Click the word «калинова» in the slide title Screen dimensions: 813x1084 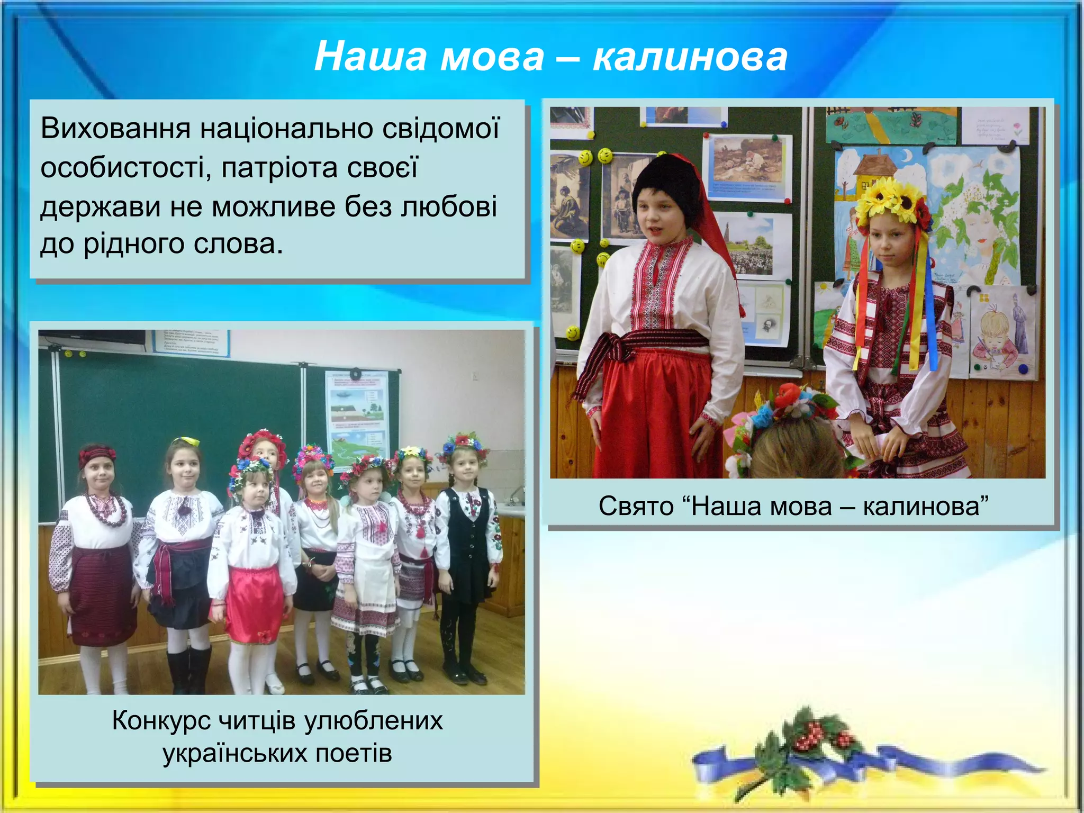690,57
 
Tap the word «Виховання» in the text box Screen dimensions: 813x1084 115,129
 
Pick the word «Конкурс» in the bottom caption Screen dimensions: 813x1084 161,720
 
